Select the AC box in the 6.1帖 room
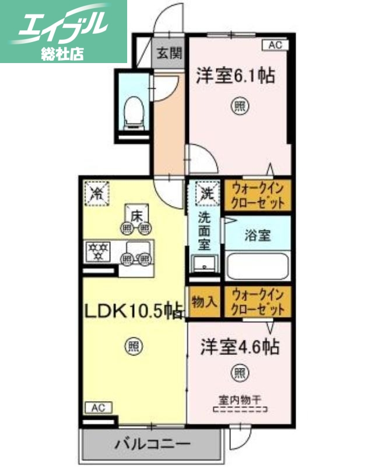(x=276, y=44)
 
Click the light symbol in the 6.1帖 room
(x=239, y=106)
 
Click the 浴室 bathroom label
(x=257, y=236)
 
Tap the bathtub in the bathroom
(x=257, y=265)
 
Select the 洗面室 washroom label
(x=205, y=231)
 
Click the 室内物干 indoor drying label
(x=240, y=400)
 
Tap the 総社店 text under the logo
(x=62, y=54)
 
